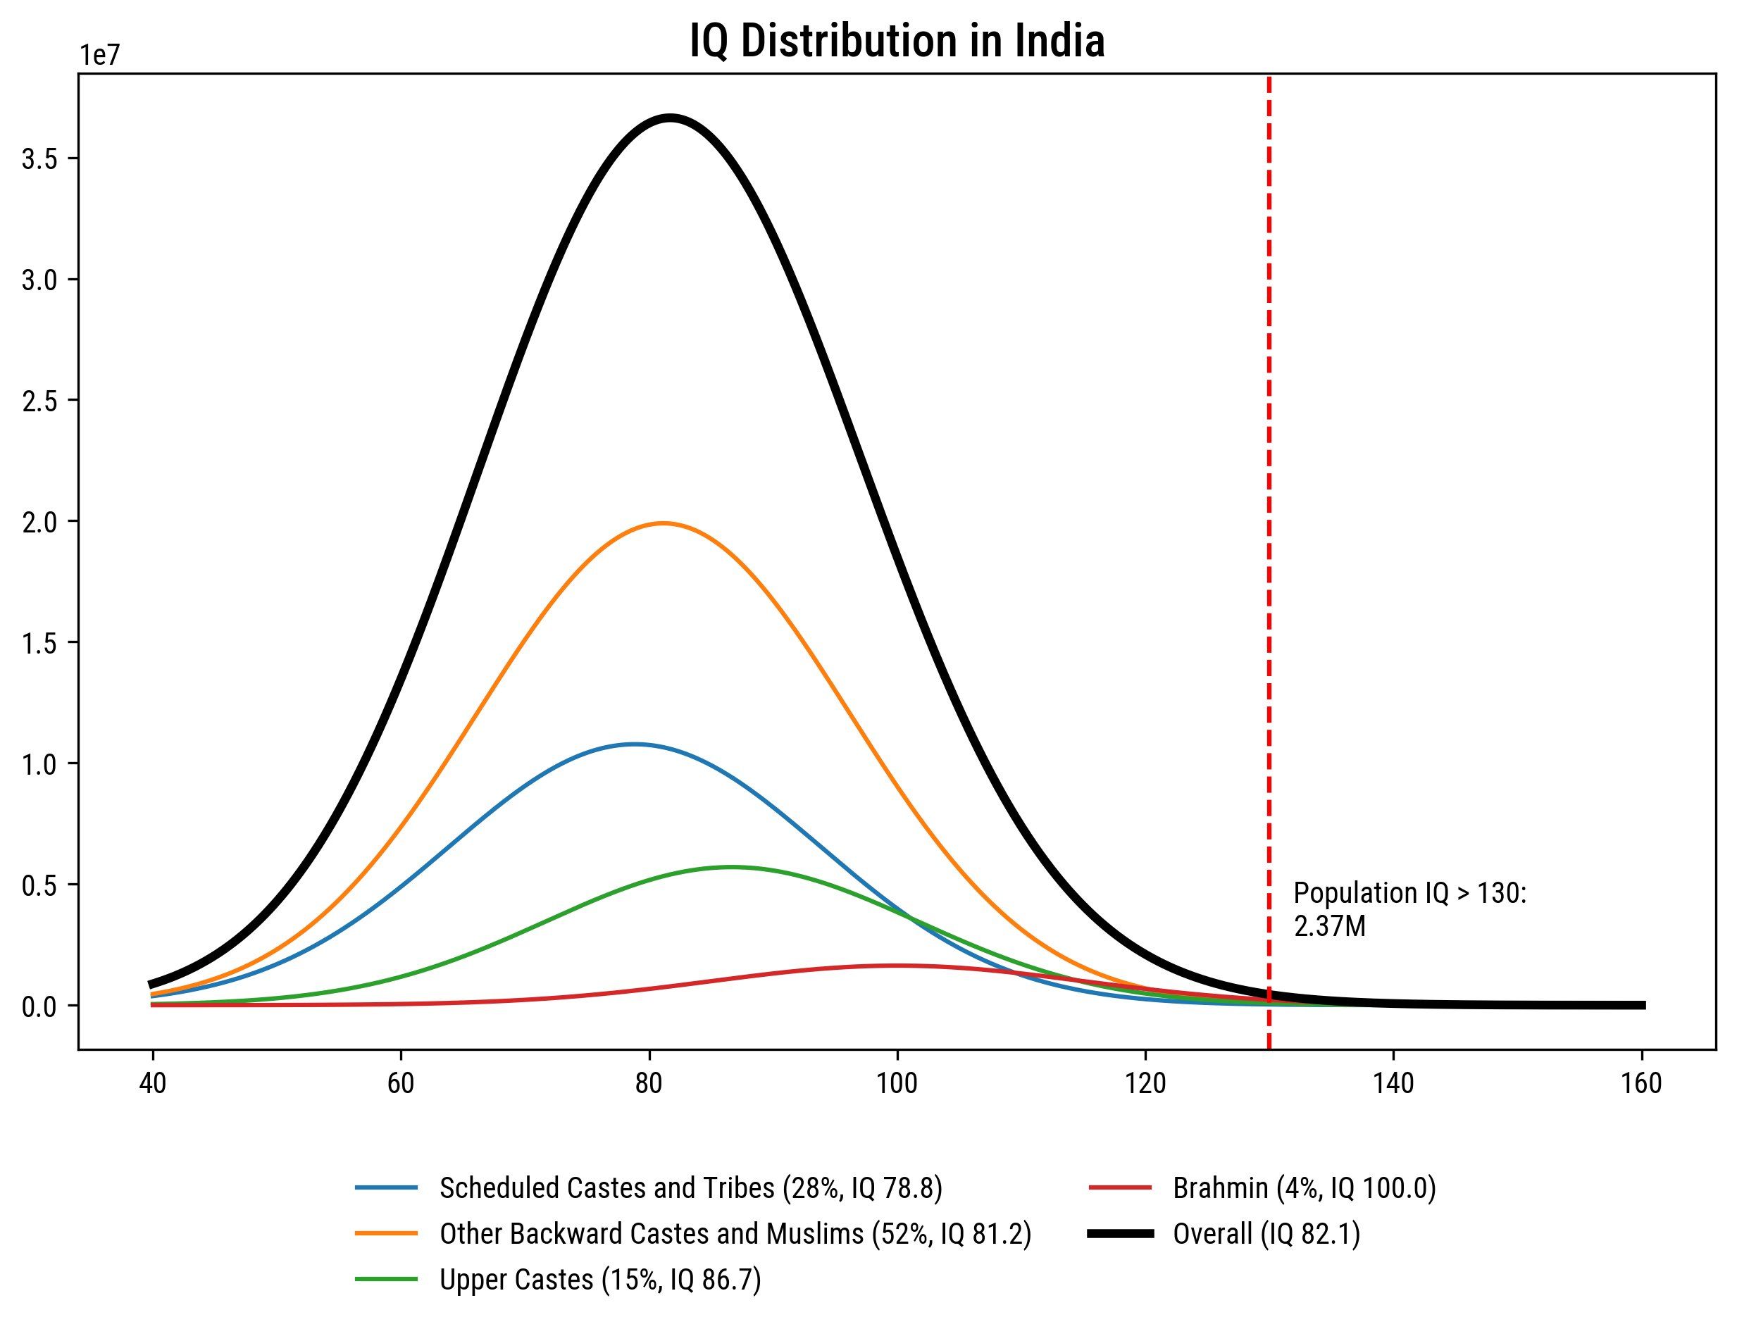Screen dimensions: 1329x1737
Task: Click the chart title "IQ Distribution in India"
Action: pyautogui.click(x=896, y=41)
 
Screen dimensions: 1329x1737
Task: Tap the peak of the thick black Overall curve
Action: pyautogui.click(x=670, y=118)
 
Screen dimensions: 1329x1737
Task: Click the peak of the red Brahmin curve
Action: pyautogui.click(x=896, y=965)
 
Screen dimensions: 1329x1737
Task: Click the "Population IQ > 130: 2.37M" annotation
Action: pyautogui.click(x=1409, y=910)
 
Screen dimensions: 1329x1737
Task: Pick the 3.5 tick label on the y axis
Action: pyautogui.click(x=39, y=159)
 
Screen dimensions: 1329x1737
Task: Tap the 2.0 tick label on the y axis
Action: pyautogui.click(x=39, y=521)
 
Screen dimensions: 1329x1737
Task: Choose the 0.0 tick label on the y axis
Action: pyautogui.click(x=39, y=1006)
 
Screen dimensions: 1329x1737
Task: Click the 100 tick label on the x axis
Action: pyautogui.click(x=897, y=1083)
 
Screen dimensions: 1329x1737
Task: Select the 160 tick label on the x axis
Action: pyautogui.click(x=1641, y=1083)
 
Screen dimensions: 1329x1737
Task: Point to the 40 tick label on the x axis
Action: pyautogui.click(x=153, y=1083)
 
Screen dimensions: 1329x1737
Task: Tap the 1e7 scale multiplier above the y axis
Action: pyautogui.click(x=98, y=56)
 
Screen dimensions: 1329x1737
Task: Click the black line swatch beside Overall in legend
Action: pyautogui.click(x=1120, y=1234)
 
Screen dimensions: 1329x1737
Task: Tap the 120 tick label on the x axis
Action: pyautogui.click(x=1145, y=1083)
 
